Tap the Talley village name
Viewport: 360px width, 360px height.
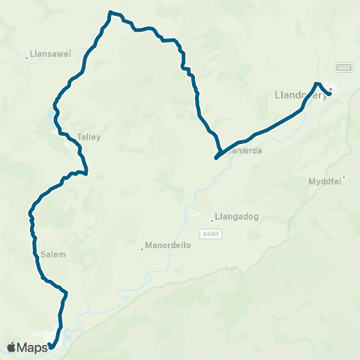[x=88, y=137]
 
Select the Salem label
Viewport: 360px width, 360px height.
[x=54, y=254]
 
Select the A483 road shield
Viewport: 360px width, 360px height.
[x=343, y=67]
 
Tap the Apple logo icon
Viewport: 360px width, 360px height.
[x=12, y=347]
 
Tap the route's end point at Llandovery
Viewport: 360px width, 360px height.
[x=330, y=94]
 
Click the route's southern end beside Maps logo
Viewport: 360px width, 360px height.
[x=50, y=346]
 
